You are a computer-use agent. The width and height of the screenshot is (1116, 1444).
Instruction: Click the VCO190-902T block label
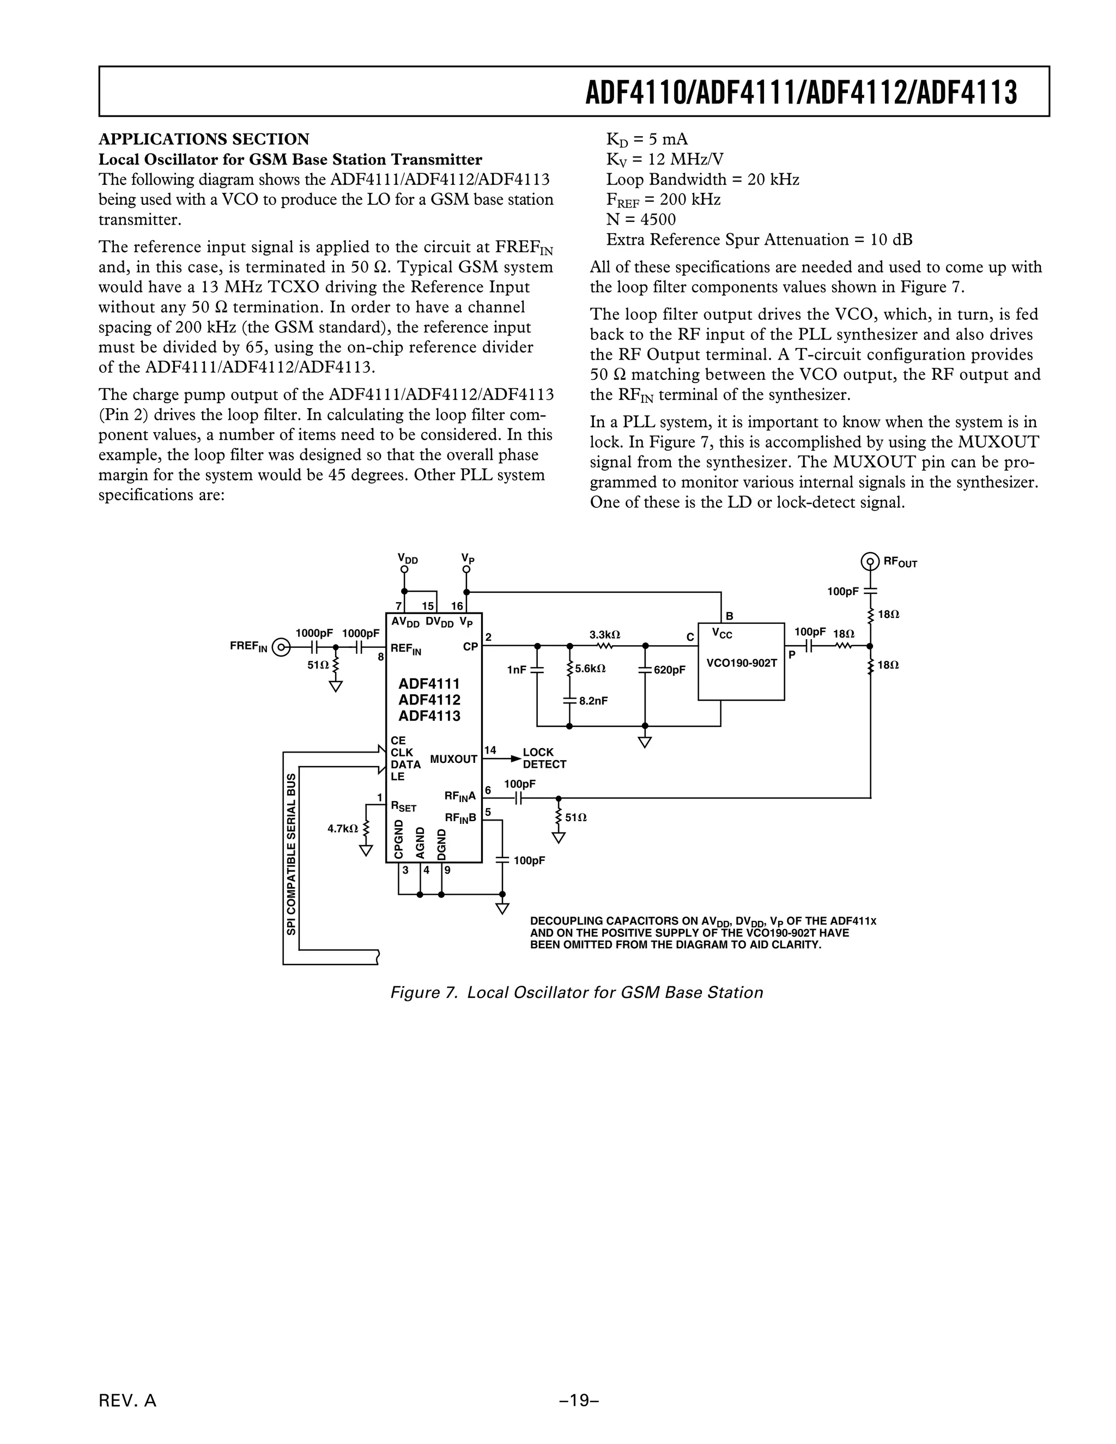741,663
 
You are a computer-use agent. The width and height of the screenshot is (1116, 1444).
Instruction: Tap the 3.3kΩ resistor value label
604,635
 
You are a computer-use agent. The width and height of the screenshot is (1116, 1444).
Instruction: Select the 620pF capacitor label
669,670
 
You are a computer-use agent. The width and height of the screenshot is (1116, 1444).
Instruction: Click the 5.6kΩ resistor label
590,669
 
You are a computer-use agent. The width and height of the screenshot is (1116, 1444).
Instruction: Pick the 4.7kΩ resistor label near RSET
342,828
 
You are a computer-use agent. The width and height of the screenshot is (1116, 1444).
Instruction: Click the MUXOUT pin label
453,759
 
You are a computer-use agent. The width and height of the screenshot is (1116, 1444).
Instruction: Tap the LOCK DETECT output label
544,759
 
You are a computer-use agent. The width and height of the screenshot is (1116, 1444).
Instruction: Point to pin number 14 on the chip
490,750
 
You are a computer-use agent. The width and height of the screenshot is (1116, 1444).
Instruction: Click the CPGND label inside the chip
398,840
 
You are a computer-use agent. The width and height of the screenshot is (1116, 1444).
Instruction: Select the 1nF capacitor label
517,670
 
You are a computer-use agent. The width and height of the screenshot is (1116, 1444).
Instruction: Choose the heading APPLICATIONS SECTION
204,139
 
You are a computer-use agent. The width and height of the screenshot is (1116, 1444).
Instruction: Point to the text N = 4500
641,220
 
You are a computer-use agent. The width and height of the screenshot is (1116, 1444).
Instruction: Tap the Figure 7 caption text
577,992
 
